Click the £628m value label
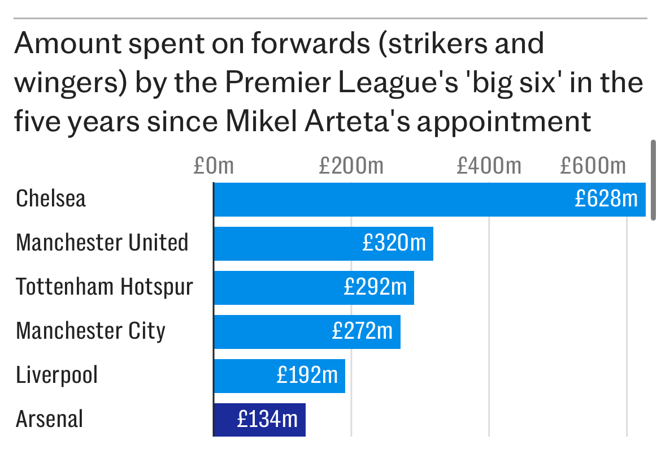click(606, 199)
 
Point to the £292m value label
click(375, 287)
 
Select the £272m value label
click(362, 331)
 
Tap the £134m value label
click(267, 420)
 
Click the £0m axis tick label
click(213, 166)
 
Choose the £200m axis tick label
click(351, 166)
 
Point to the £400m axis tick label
click(489, 166)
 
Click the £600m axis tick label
click(593, 166)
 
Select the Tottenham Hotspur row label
click(105, 287)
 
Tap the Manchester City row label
click(90, 331)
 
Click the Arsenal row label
click(50, 420)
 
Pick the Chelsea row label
click(51, 199)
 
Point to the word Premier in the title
click(273, 83)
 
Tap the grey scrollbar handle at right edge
click(654, 180)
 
